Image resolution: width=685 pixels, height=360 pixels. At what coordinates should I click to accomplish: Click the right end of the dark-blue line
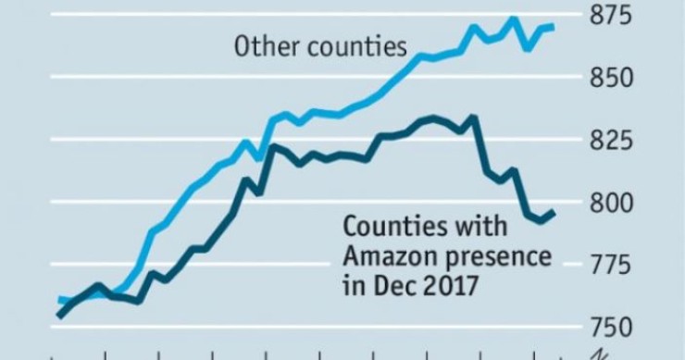click(x=554, y=213)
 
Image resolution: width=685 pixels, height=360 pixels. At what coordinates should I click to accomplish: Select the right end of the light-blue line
click(x=554, y=27)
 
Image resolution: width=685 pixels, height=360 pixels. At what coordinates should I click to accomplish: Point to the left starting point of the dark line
click(x=57, y=317)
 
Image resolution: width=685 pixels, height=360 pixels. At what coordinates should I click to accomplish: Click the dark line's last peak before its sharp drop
click(x=474, y=117)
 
